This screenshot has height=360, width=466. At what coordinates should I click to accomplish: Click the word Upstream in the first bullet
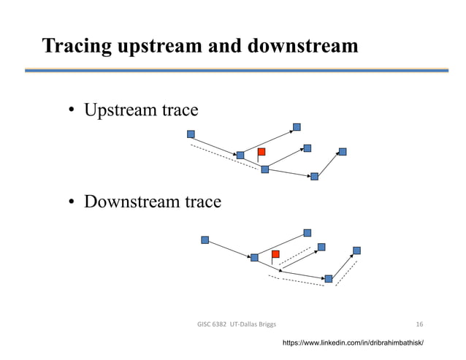tap(120, 111)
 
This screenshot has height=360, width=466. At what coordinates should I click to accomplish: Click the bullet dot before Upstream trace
tap(73, 112)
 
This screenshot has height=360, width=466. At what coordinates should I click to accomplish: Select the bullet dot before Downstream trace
tap(73, 202)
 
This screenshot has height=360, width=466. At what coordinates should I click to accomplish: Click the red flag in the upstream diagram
tap(261, 152)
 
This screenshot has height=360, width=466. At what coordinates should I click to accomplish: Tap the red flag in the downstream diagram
tap(275, 254)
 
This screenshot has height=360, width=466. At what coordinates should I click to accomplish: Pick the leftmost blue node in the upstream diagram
tap(191, 134)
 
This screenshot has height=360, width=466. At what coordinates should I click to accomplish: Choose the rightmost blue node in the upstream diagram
tap(343, 152)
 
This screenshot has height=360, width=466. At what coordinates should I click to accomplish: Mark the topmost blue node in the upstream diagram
tap(297, 126)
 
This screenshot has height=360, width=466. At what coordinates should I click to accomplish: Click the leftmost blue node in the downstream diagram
tap(205, 240)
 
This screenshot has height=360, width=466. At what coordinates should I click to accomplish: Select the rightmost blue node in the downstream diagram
tap(356, 250)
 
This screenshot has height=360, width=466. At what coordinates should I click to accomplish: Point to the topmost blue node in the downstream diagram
tap(308, 233)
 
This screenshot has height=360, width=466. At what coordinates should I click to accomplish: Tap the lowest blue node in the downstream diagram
tap(329, 278)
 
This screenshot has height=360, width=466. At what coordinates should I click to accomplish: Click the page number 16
tap(419, 323)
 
